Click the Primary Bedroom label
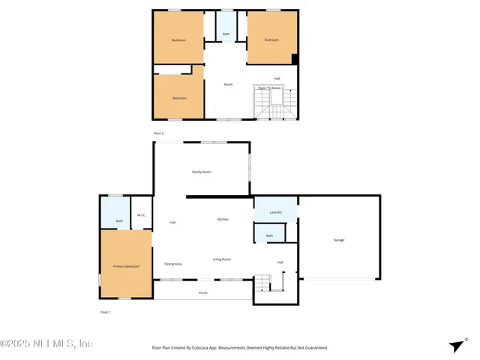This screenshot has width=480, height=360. tap(126, 267)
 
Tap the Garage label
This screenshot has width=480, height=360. tap(339, 240)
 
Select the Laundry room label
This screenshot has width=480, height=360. tap(276, 212)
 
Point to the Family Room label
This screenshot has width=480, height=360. tap(201, 172)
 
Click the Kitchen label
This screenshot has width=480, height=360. tap(223, 219)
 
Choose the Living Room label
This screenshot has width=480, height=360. tap(221, 259)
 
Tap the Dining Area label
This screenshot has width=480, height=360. tap(173, 264)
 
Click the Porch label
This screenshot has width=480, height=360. tap(203, 293)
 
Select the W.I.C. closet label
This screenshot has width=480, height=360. tap(141, 216)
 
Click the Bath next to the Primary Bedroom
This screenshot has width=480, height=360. tap(119, 220)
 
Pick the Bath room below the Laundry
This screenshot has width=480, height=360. tap(269, 236)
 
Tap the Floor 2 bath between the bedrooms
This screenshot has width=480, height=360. tap(226, 34)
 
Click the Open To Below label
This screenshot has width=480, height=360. tap(269, 88)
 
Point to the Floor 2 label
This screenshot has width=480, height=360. tap(158, 133)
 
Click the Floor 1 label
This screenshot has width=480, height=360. tap(105, 311)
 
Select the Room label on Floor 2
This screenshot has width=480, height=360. tap(228, 84)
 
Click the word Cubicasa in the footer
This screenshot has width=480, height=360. tap(206, 348)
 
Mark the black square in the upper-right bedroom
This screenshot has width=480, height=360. tap(295, 59)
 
